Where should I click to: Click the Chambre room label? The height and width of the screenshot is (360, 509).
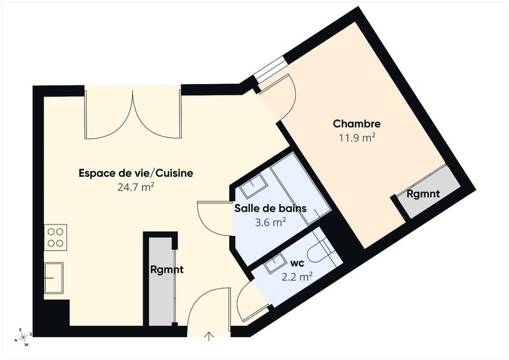(357, 124)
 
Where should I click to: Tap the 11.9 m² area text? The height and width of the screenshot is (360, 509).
(357, 137)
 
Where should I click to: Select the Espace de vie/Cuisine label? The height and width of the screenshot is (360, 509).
(136, 173)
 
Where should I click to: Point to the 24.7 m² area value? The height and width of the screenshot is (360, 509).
(136, 186)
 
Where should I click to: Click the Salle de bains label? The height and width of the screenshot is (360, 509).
(270, 208)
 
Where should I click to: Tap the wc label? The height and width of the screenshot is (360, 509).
(296, 263)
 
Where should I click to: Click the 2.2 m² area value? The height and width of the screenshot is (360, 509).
(296, 276)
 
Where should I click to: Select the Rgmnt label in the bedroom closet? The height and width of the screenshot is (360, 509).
(423, 194)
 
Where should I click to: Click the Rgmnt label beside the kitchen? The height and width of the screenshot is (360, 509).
(167, 269)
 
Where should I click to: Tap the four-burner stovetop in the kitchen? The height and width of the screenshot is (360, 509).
(55, 237)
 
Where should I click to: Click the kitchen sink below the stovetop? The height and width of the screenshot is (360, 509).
(53, 278)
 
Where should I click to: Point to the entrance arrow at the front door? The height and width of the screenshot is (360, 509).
(209, 336)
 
